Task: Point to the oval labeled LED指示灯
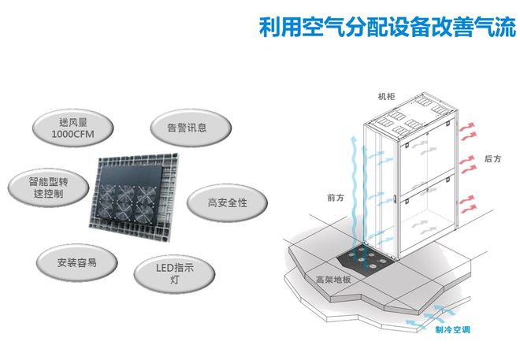pyautogui.click(x=175, y=273)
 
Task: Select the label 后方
pyautogui.click(x=493, y=159)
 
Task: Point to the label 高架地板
pyautogui.click(x=332, y=279)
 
